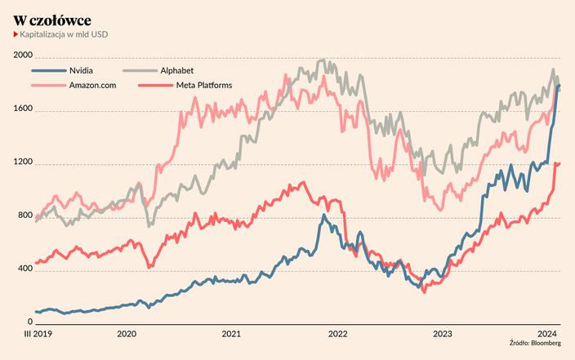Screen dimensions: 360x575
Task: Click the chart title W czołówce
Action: click(52, 19)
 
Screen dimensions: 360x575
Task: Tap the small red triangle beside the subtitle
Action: click(16, 35)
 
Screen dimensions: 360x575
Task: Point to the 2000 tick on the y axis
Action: click(23, 56)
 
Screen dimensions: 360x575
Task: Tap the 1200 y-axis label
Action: click(23, 162)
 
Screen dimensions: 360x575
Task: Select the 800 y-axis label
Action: click(23, 216)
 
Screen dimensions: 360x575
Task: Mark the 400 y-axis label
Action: click(23, 269)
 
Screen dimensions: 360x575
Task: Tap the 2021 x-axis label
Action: click(231, 333)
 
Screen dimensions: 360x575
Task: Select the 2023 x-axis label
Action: click(442, 333)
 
